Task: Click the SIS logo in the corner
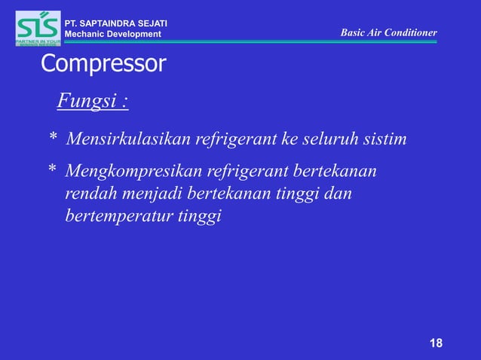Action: [x=38, y=29]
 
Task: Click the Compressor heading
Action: [x=103, y=65]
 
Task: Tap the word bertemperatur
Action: [x=116, y=217]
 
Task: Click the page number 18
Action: [x=436, y=344]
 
